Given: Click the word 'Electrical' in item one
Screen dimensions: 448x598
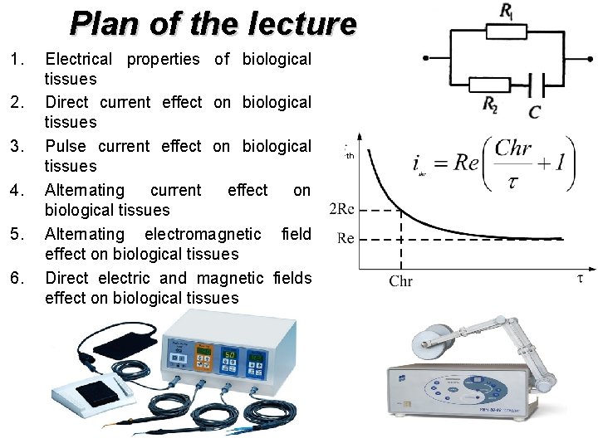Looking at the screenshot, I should click(x=78, y=59).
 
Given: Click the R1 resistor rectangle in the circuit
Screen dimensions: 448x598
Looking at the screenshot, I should click(x=506, y=31).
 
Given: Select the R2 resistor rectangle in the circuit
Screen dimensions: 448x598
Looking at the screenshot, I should click(x=489, y=84).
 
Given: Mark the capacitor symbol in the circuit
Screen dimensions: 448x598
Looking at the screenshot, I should click(x=536, y=84).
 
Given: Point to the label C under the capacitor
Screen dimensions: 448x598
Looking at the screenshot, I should click(x=534, y=110).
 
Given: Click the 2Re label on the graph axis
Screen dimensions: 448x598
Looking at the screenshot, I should click(x=343, y=209).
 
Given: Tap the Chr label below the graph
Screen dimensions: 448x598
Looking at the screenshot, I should click(x=400, y=281).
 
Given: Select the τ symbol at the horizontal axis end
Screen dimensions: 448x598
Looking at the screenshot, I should click(x=580, y=279).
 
